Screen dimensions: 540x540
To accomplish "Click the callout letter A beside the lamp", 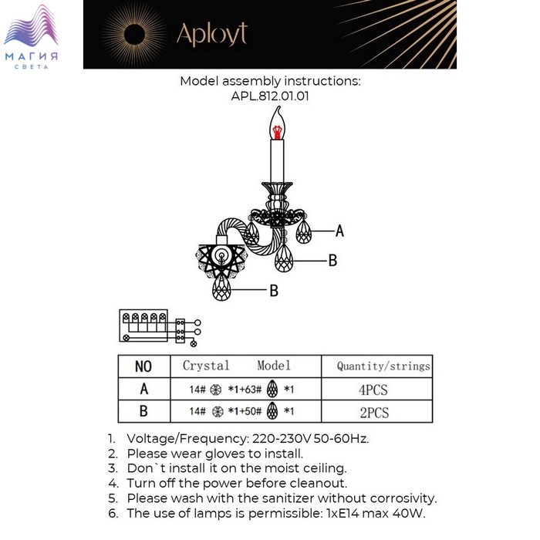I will pos(339,231).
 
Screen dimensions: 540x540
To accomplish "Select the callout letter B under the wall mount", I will pos(273,291).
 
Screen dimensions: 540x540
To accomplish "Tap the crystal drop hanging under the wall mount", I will pos(221,289).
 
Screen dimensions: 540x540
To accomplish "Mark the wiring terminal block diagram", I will pos(158,326).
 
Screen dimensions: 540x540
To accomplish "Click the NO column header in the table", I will pos(143,366).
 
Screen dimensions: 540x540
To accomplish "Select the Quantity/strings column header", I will pos(383,366).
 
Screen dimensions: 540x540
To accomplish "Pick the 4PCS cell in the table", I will pos(373,390).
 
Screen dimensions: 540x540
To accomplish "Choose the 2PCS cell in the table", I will pos(373,413).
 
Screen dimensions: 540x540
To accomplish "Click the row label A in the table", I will pos(143,390).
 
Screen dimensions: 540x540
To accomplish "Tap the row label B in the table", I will pos(143,413).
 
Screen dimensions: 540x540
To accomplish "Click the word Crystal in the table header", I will pos(206,366).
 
